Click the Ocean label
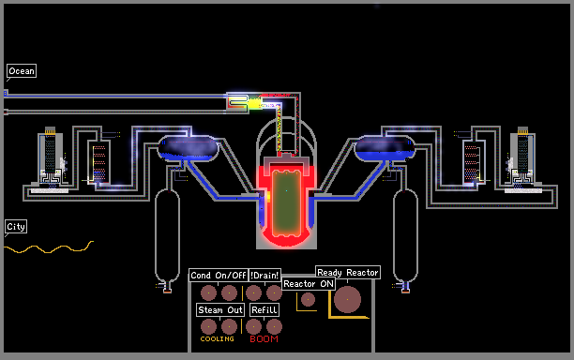point(22,71)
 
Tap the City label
point(16,227)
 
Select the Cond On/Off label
point(219,275)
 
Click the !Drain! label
point(264,275)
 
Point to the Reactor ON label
point(309,284)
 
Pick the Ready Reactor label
point(348,273)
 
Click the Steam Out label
point(220,310)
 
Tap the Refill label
point(264,310)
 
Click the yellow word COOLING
point(217,339)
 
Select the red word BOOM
point(264,339)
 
